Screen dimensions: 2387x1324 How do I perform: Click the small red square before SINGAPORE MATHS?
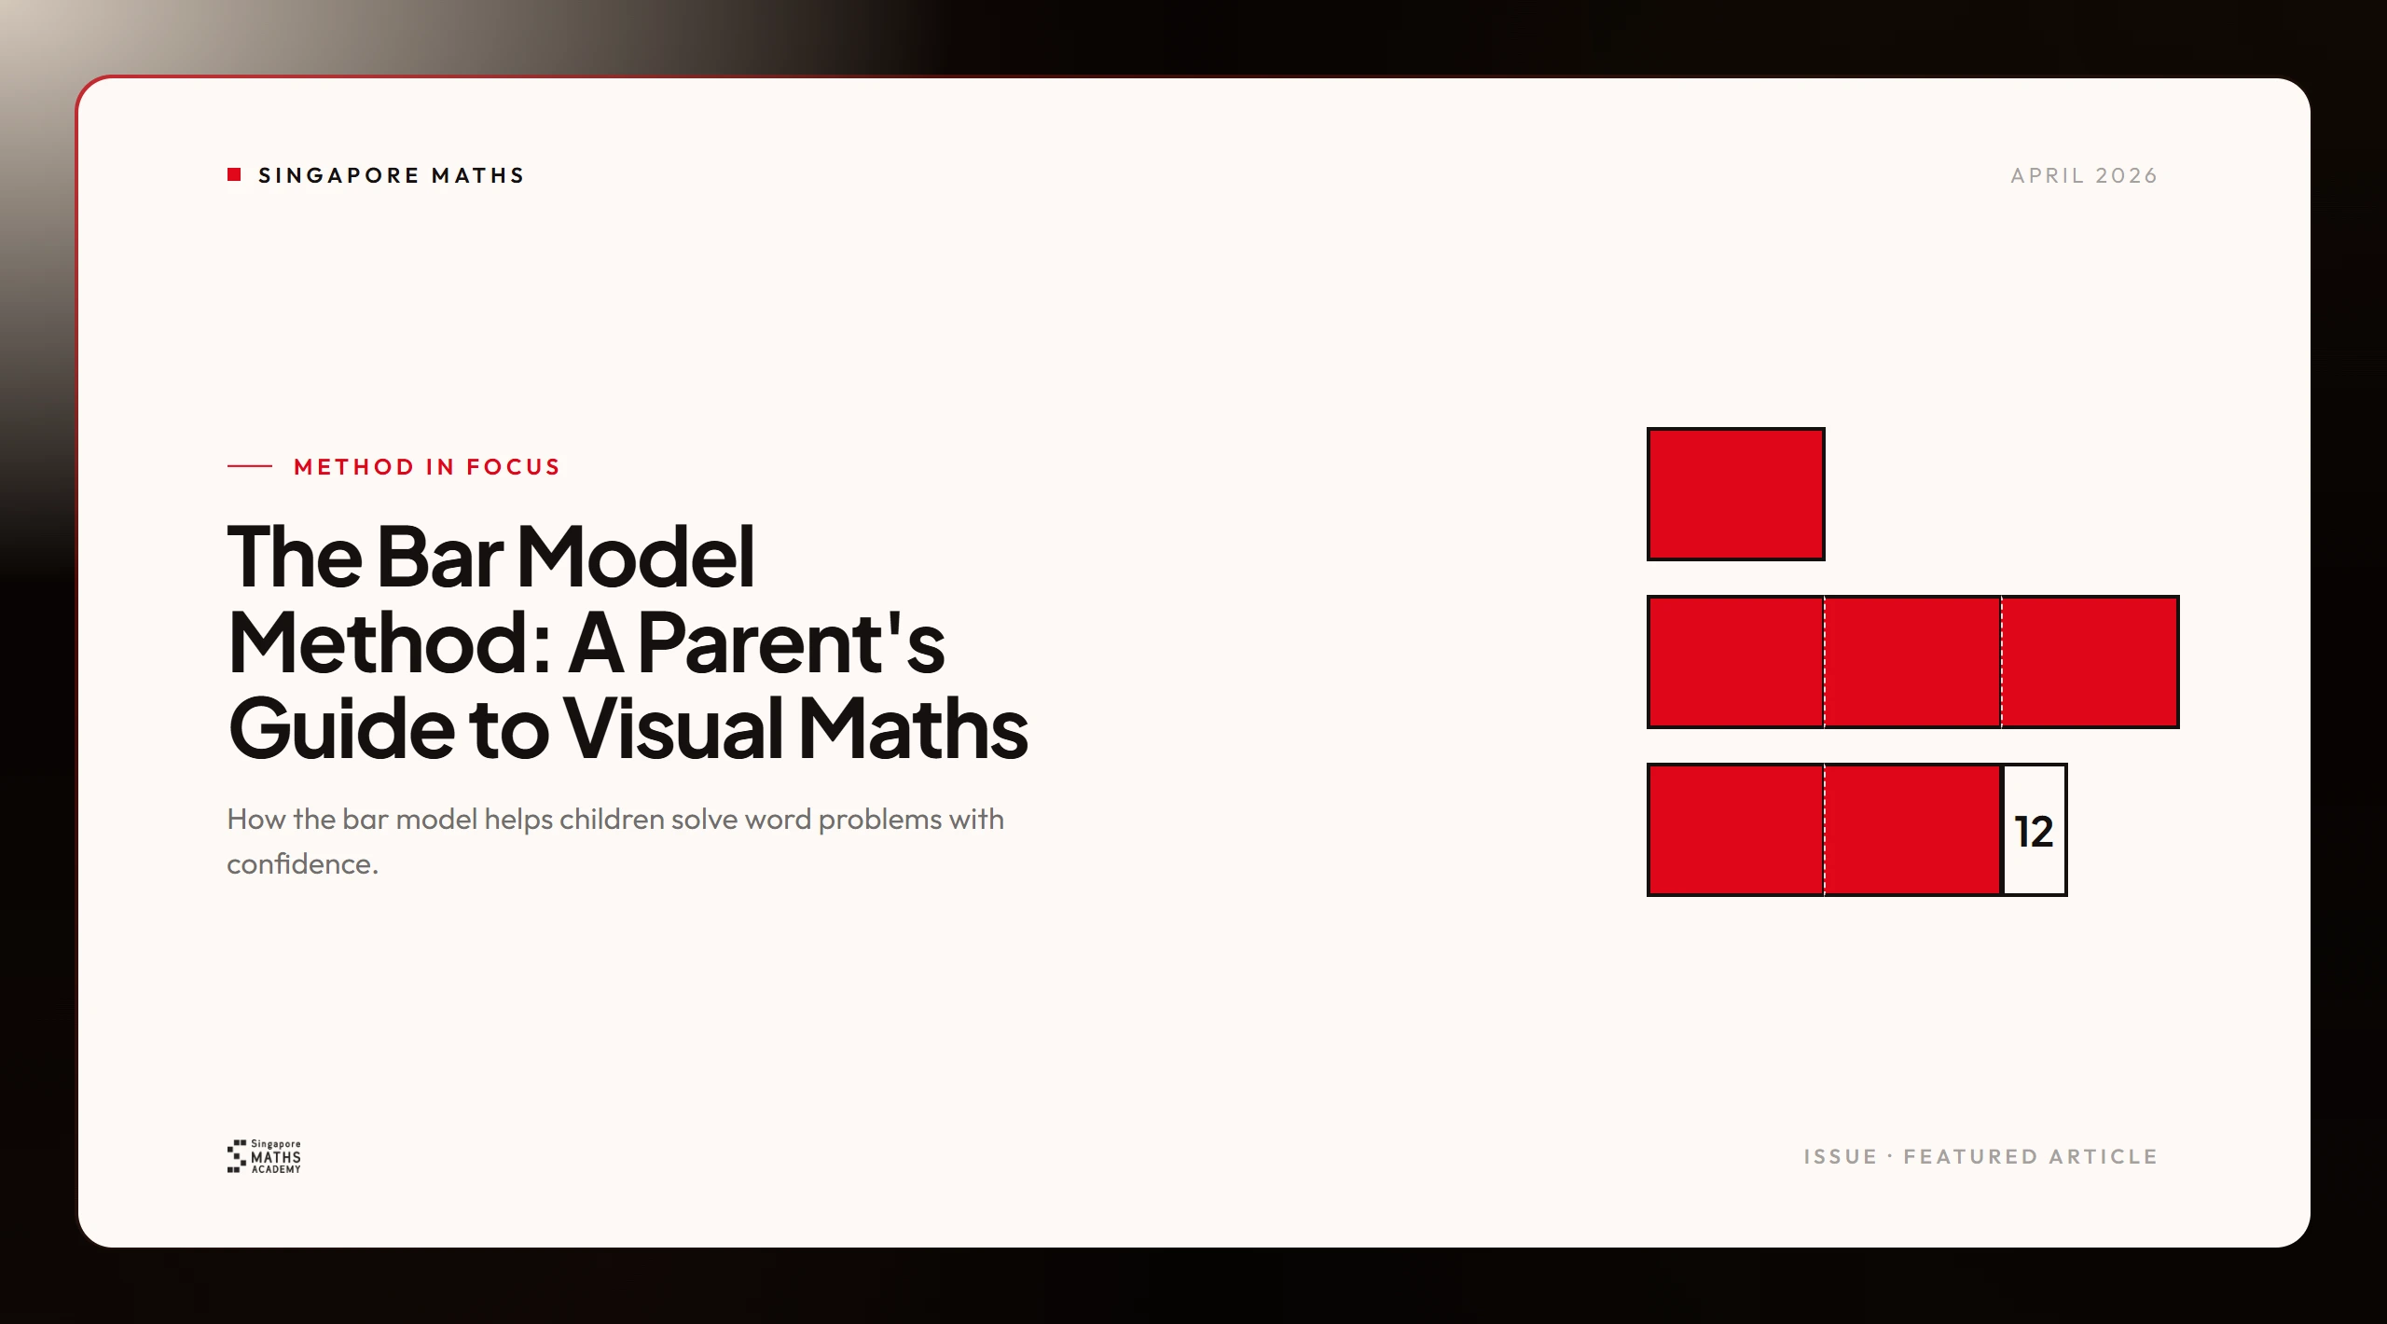[x=234, y=174]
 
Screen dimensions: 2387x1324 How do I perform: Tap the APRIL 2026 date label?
[x=2084, y=175]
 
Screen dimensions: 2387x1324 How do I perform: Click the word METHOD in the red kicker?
[x=353, y=466]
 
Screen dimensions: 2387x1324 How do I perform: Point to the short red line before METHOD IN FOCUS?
[x=250, y=466]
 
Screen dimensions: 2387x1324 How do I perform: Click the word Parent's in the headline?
[x=791, y=642]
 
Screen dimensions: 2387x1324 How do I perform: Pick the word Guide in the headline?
[x=341, y=728]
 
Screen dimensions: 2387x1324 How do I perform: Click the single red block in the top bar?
[x=1735, y=494]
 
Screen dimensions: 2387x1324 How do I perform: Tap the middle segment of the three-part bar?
[x=1912, y=662]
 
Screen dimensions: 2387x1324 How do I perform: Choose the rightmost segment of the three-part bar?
[x=2090, y=662]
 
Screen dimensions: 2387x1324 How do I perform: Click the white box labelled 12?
[x=2035, y=830]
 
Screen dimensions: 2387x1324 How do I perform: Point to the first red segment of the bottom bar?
[x=1736, y=830]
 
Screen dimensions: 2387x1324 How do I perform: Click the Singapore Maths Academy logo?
[x=264, y=1156]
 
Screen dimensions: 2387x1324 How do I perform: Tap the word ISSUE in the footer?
[x=1840, y=1157]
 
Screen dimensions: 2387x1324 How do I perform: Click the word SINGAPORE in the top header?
[x=339, y=175]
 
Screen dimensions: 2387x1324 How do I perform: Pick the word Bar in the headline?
[x=439, y=557]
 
